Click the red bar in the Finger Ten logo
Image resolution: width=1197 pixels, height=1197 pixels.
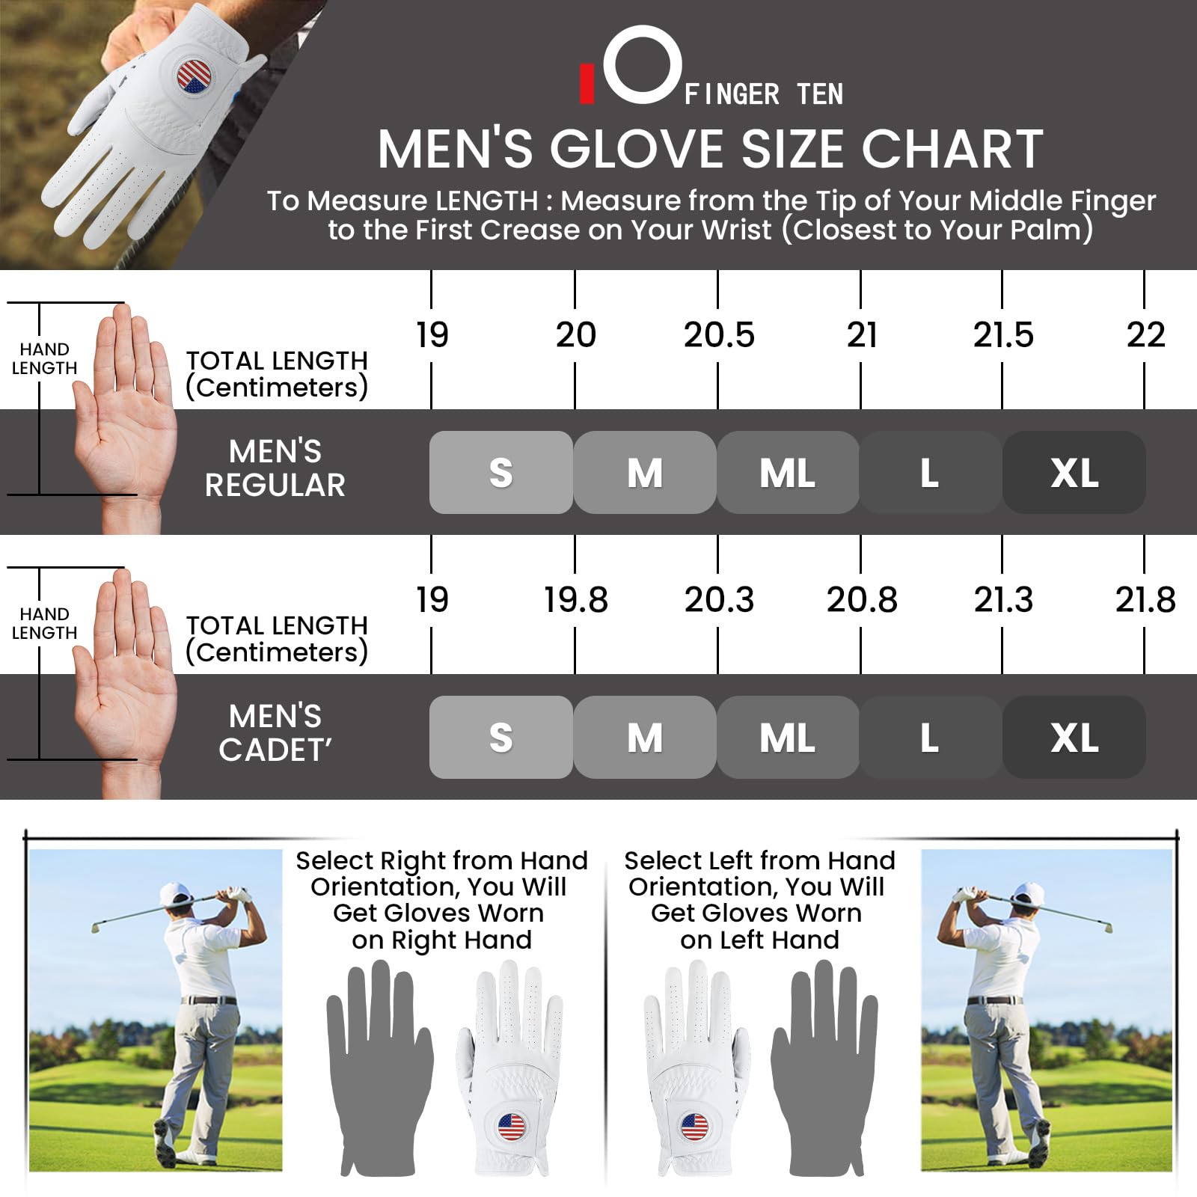pos(587,83)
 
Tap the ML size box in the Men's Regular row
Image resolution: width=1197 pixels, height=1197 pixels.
pos(788,472)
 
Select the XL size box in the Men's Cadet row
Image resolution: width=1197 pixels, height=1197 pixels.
pos(1074,737)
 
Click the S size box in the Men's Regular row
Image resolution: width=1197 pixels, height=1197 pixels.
pos(501,472)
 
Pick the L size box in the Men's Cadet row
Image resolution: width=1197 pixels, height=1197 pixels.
pos(931,737)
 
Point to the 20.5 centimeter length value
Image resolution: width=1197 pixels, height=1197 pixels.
pos(719,334)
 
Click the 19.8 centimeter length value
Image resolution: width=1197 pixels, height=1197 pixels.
pos(575,599)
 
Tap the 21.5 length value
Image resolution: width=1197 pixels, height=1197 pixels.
pos(1003,334)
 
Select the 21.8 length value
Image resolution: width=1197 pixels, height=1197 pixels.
pos(1145,599)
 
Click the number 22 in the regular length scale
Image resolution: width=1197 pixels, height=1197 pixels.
pos(1145,334)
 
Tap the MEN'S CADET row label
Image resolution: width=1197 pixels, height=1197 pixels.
pos(275,733)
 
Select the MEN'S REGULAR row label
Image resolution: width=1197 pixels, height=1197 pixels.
pos(275,468)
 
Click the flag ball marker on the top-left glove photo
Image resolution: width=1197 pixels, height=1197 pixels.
pos(195,78)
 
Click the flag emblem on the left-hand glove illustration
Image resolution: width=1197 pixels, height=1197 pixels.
pos(694,1127)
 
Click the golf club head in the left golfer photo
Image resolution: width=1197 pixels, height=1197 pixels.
pos(96,927)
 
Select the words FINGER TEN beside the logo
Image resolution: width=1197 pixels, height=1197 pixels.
pos(764,95)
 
